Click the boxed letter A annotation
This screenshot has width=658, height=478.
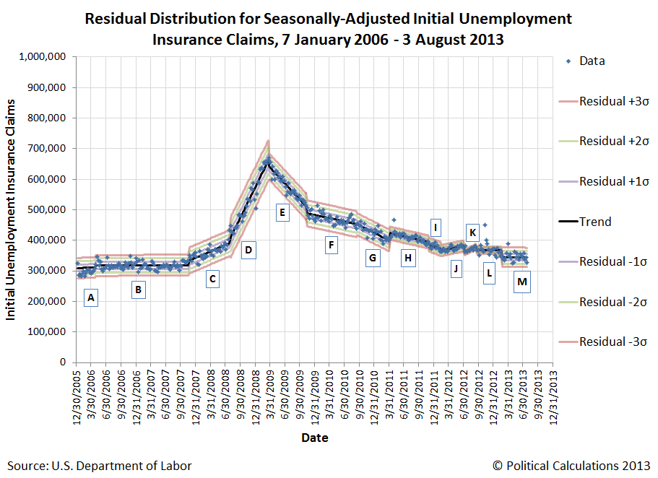click(90, 296)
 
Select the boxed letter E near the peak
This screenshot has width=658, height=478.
click(282, 212)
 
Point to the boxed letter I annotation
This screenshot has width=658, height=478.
click(436, 227)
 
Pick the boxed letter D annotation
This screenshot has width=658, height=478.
click(248, 251)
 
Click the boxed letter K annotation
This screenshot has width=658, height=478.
click(472, 233)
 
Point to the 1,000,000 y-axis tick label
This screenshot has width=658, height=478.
click(43, 57)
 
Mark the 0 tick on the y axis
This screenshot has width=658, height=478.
click(64, 362)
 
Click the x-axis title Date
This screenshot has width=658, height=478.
click(315, 438)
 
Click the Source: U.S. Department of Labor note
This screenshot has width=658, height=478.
click(100, 466)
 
